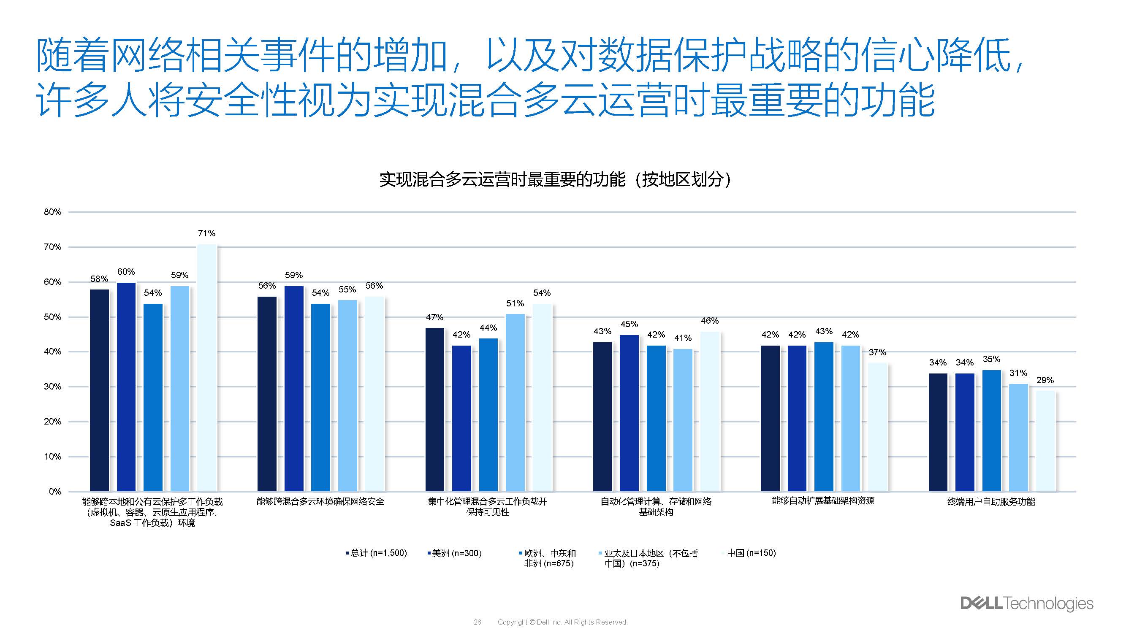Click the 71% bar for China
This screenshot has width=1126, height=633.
click(x=207, y=368)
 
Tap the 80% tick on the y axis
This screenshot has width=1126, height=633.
click(x=52, y=212)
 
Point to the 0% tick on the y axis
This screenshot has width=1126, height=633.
click(x=55, y=492)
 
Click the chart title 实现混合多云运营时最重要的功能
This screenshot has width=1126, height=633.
click(x=555, y=179)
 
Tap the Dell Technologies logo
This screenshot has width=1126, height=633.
click(x=1026, y=603)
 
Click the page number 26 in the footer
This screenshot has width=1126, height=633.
click(x=478, y=622)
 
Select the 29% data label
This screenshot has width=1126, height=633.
click(x=1045, y=380)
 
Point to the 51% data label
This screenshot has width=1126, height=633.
click(x=515, y=303)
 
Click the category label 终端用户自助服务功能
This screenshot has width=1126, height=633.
click(x=991, y=501)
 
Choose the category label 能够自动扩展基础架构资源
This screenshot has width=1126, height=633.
click(x=823, y=501)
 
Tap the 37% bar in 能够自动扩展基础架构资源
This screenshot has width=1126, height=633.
click(x=877, y=427)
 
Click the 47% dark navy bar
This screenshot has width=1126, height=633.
click(x=434, y=409)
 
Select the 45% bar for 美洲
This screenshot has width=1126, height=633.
click(x=629, y=413)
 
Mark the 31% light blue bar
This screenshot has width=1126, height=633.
click(x=1018, y=437)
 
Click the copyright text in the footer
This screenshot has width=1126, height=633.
click(x=562, y=622)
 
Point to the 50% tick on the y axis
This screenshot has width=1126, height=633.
click(x=52, y=317)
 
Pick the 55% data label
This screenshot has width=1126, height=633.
click(x=347, y=289)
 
